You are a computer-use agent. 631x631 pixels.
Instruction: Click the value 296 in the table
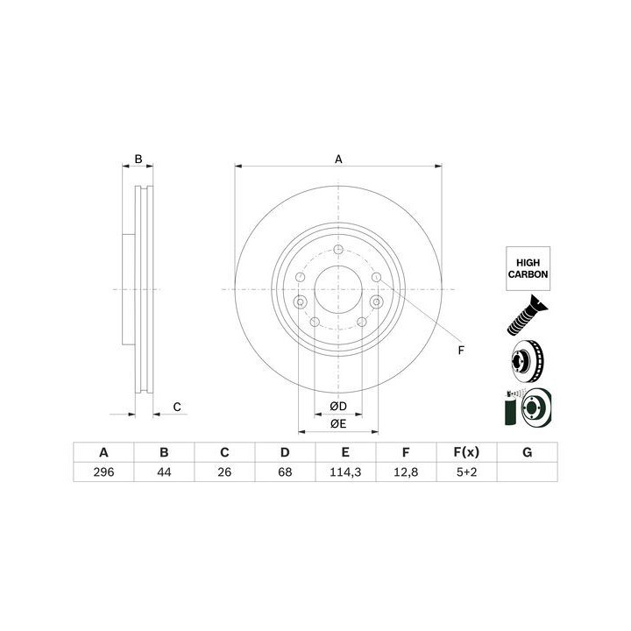103,471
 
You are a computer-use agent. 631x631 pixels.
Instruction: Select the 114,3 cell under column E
345,471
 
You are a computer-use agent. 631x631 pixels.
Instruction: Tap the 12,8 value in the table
406,471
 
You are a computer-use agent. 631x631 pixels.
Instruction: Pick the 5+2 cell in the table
466,471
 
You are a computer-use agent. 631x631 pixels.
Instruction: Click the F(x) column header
466,452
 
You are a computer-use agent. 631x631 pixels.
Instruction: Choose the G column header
528,452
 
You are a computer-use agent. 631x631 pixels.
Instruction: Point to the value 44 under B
164,471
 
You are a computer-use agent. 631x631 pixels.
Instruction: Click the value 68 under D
285,471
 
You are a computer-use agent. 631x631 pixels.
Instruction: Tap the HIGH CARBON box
528,268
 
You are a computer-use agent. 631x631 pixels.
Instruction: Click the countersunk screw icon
527,315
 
